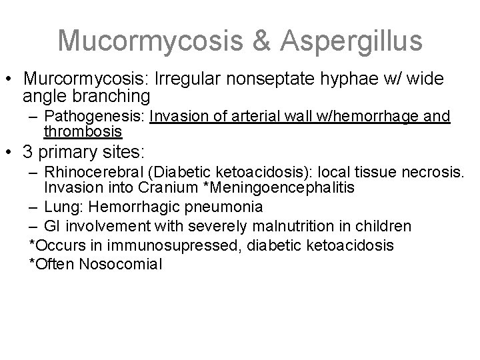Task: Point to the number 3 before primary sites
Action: coord(27,152)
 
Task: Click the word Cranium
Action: coord(163,188)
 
